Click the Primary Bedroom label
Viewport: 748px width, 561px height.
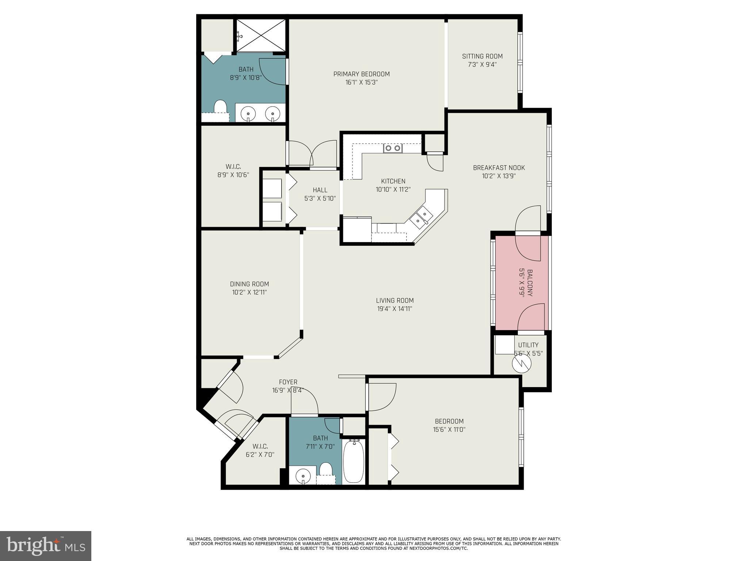tap(361, 74)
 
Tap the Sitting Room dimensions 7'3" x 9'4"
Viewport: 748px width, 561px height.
tap(482, 65)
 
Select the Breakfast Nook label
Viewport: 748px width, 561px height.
tap(499, 168)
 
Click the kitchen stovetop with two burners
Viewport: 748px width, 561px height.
tap(393, 148)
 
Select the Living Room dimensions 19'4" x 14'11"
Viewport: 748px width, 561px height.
tap(394, 309)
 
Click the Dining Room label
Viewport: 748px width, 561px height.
tap(249, 284)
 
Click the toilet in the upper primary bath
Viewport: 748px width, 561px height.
tap(220, 108)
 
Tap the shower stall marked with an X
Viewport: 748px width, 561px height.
tap(261, 36)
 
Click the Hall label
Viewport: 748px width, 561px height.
tap(320, 190)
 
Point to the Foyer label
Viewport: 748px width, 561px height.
tap(288, 382)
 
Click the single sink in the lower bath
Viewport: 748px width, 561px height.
tap(303, 476)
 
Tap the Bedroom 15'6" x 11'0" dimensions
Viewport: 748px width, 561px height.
tap(449, 430)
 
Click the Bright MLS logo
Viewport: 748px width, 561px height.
tap(46, 546)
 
